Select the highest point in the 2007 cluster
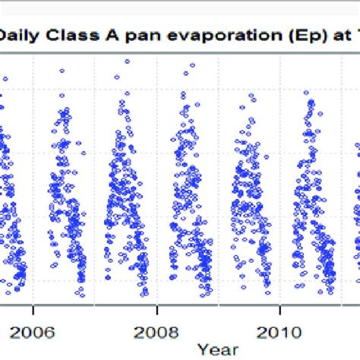(127, 62)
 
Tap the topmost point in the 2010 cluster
(307, 93)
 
